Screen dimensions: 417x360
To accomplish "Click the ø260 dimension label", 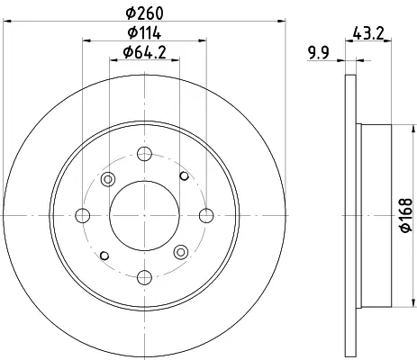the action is point(145,13).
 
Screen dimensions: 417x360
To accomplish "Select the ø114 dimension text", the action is point(144,32).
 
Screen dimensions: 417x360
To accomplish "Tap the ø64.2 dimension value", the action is point(144,52).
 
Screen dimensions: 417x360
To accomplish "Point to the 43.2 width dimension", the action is point(368,32).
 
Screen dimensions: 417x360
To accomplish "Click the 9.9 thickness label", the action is point(318,52).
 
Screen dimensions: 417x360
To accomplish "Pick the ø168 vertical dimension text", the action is point(406,215).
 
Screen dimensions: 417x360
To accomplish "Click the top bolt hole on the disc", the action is point(144,154).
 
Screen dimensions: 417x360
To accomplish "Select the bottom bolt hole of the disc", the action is point(144,277).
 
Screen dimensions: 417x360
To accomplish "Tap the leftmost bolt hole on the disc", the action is point(83,215).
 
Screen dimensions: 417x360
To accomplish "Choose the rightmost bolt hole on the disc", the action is point(206,215).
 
